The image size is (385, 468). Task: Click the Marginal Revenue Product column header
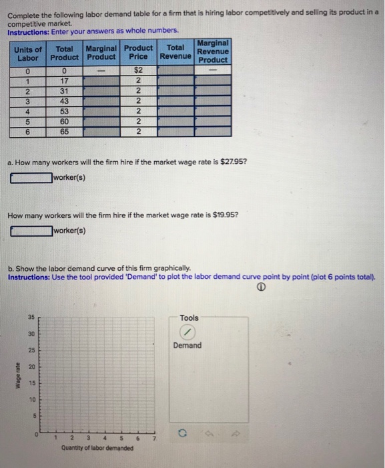point(213,51)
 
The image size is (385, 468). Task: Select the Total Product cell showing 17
point(64,81)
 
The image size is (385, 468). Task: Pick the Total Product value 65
point(64,132)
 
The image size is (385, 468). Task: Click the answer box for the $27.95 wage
point(31,178)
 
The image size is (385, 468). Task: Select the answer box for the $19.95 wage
point(31,231)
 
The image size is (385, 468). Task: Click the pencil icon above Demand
point(186,333)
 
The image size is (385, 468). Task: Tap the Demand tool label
point(187,346)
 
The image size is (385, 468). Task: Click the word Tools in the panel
point(189,318)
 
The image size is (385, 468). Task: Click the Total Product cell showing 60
point(64,122)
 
